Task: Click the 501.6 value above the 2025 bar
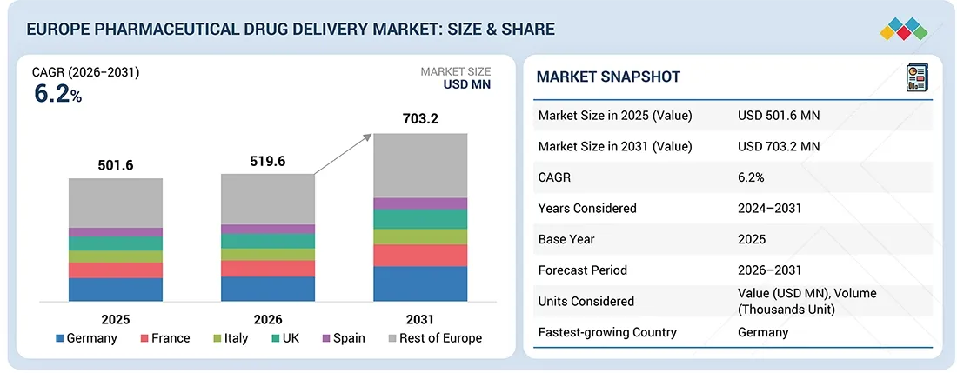pos(116,165)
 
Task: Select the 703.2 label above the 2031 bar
pos(420,118)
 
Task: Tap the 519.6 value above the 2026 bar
pos(268,161)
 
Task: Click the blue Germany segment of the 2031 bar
pos(420,283)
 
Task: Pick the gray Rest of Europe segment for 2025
pos(116,203)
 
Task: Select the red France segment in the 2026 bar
pos(268,269)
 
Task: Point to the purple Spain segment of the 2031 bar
pos(420,203)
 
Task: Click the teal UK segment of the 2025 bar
pos(116,243)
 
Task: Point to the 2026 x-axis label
pos(268,319)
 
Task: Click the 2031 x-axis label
pos(420,319)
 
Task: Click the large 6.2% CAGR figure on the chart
pos(57,95)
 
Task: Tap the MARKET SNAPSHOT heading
pos(608,77)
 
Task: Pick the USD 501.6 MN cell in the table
pos(778,116)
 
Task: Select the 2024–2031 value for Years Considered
pos(771,209)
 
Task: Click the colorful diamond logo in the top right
pos(904,30)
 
